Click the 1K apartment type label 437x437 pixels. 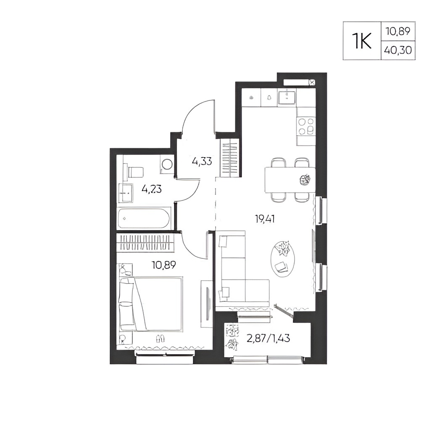click(x=362, y=41)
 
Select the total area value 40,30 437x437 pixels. click(x=398, y=50)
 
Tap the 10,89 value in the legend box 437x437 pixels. click(x=398, y=31)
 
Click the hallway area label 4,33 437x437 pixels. click(x=202, y=161)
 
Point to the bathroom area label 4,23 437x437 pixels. click(x=152, y=189)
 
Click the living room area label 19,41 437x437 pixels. click(x=265, y=219)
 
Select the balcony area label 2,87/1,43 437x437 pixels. click(x=268, y=338)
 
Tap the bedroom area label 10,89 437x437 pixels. click(x=164, y=265)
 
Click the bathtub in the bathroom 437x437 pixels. click(x=144, y=218)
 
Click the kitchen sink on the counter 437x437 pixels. click(x=287, y=96)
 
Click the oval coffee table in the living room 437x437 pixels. click(x=283, y=259)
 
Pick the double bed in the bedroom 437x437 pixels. click(x=151, y=304)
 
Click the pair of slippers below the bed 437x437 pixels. click(x=161, y=338)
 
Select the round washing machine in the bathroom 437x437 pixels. click(x=167, y=164)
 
